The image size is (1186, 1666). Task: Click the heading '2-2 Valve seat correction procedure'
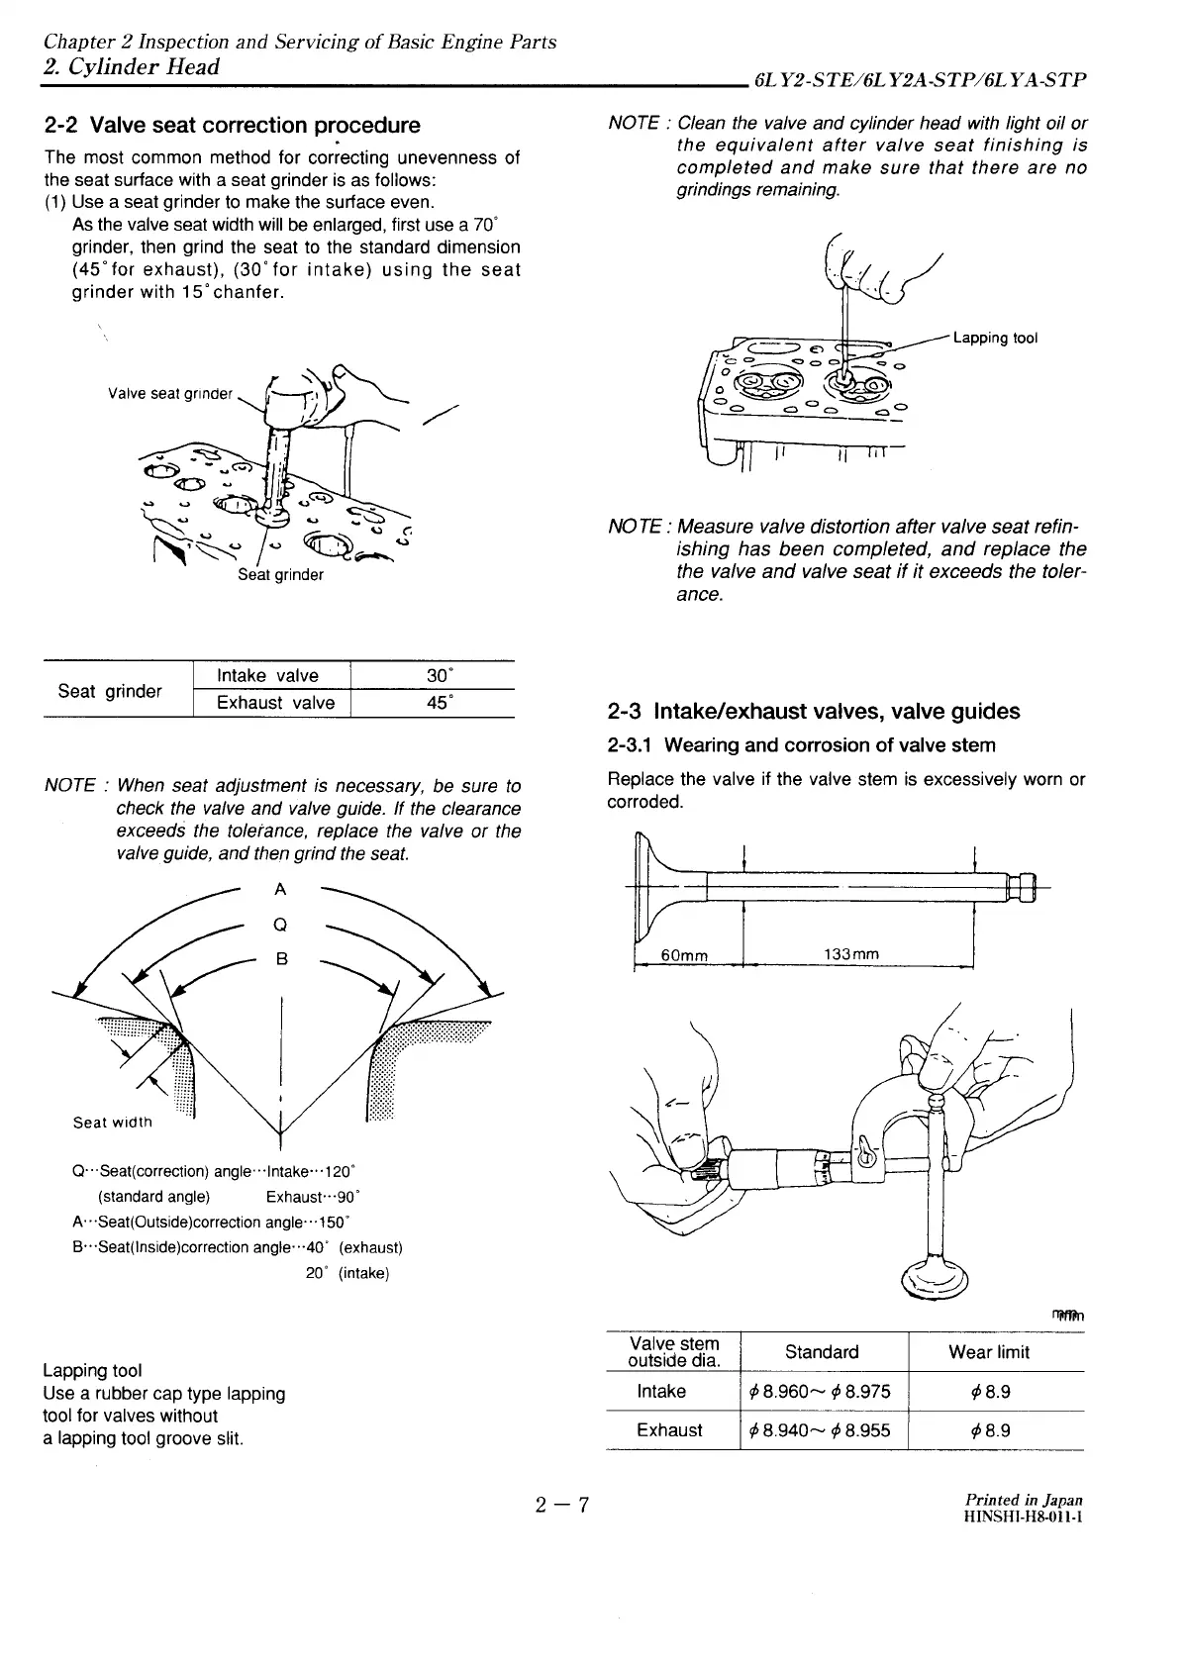click(x=232, y=126)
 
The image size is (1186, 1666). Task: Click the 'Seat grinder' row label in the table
click(x=110, y=691)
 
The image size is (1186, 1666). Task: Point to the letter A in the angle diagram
click(x=280, y=889)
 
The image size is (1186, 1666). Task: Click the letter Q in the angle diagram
click(x=280, y=925)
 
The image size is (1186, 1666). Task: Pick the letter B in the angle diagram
click(x=281, y=958)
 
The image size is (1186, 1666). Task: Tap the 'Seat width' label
click(x=113, y=1123)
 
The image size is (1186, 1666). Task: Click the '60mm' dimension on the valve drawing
click(x=684, y=955)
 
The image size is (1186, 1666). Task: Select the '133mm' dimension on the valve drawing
click(x=851, y=954)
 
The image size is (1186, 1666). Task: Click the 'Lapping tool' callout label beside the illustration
click(x=995, y=339)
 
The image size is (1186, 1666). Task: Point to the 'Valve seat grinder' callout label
click(x=170, y=394)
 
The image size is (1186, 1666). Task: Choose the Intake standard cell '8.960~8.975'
click(x=821, y=1392)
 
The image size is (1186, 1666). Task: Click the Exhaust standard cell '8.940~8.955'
click(x=821, y=1430)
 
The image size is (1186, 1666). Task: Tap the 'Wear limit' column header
click(x=989, y=1352)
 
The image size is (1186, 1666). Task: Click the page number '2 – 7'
click(x=562, y=1508)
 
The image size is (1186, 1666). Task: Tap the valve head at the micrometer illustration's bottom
click(x=935, y=1281)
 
